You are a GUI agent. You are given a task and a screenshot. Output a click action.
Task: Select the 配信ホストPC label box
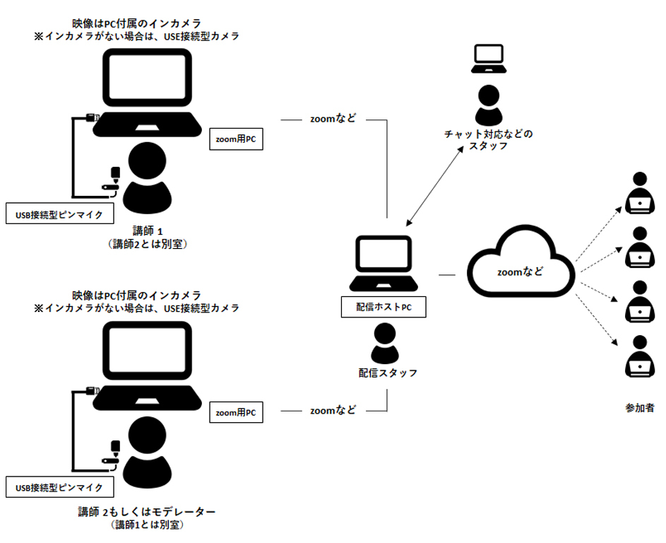click(x=383, y=308)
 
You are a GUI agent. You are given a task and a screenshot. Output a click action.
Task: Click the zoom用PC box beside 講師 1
click(x=236, y=140)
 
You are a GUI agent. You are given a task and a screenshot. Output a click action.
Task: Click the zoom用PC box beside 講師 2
click(x=236, y=412)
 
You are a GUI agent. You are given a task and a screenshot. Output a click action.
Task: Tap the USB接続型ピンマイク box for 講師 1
click(x=59, y=214)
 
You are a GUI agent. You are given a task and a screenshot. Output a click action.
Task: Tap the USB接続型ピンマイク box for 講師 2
click(x=59, y=487)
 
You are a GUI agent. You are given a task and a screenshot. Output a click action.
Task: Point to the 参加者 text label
click(x=639, y=408)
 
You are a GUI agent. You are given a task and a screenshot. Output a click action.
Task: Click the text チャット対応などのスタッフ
click(x=488, y=140)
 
